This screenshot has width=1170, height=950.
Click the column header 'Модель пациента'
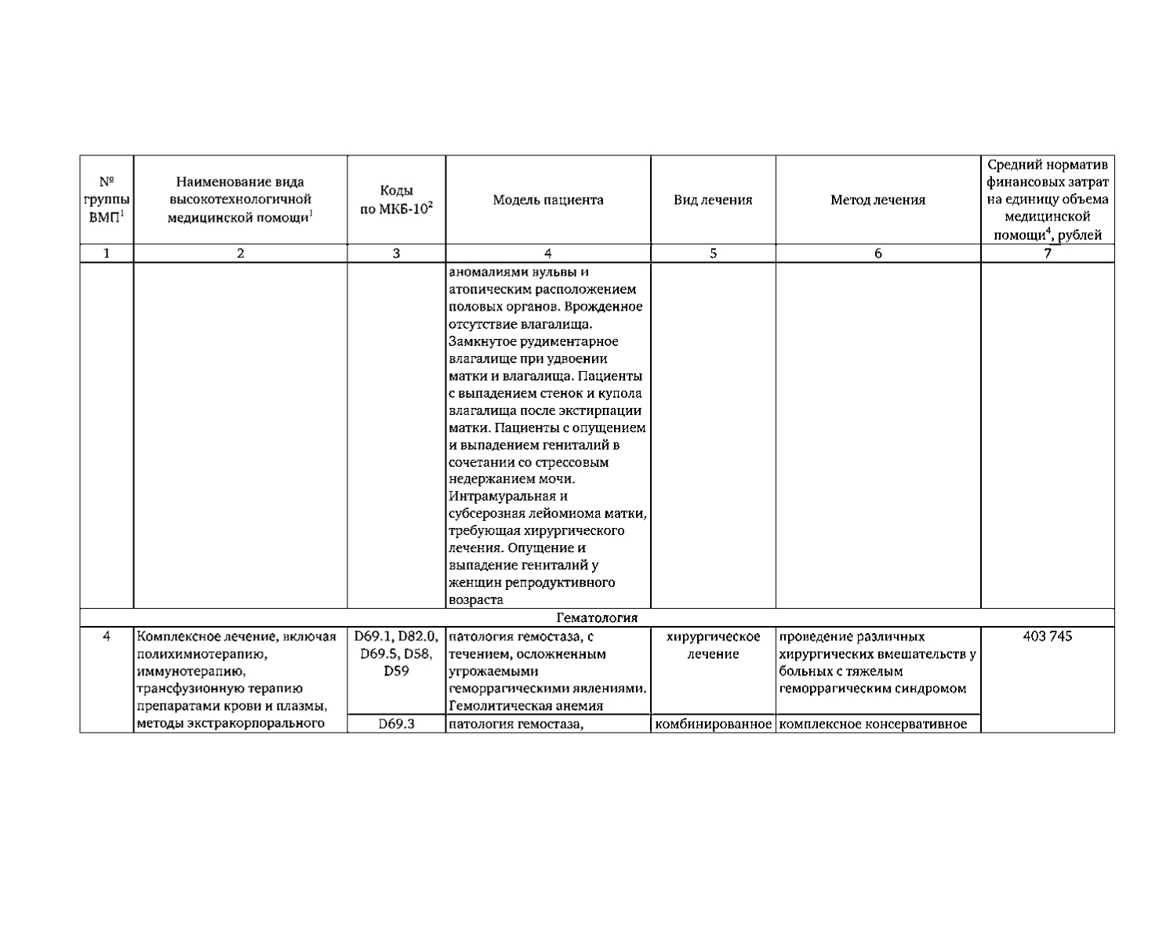click(548, 200)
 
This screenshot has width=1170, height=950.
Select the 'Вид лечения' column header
click(713, 200)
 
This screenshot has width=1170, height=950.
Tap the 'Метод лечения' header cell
click(877, 200)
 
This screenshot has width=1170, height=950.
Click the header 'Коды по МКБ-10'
click(396, 200)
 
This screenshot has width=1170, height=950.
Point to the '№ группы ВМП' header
click(107, 200)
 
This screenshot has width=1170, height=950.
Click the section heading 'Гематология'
click(597, 617)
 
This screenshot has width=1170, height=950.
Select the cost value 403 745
click(1047, 636)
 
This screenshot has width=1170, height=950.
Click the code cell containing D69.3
click(395, 724)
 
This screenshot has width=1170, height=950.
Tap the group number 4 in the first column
click(107, 636)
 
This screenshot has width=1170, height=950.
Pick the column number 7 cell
click(1047, 253)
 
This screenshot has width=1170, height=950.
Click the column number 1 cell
click(107, 253)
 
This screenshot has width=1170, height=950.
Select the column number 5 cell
click(713, 253)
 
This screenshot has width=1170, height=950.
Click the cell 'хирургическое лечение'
click(713, 645)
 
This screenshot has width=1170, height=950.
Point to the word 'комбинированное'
click(713, 724)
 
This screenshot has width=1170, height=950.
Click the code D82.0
click(418, 636)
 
